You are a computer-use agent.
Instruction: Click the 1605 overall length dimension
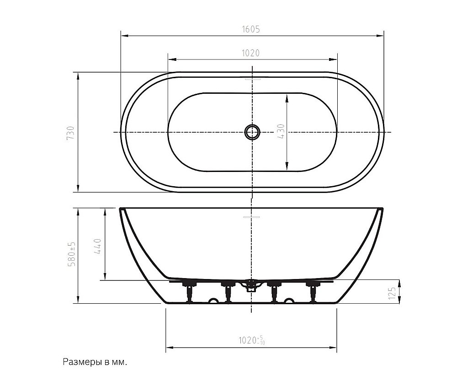250,29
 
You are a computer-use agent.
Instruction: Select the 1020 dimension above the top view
250,53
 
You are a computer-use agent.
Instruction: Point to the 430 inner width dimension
281,131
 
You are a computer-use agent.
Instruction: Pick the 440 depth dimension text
98,247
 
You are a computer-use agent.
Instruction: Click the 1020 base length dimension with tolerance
252,340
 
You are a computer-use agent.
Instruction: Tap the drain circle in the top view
252,132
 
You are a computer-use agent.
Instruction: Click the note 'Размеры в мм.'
96,362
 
